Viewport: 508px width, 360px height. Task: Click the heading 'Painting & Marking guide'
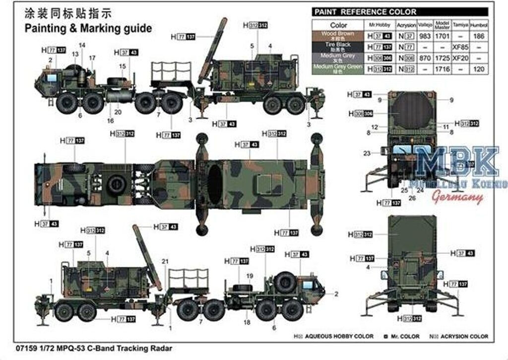coord(88,28)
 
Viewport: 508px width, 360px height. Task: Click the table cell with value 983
coord(425,36)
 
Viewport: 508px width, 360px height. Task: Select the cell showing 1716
coord(442,69)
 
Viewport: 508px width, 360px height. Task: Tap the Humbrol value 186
coord(479,36)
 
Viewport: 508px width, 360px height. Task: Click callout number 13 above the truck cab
coord(75,54)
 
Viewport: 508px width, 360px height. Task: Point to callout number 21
coord(165,261)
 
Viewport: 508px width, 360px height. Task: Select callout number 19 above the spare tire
coord(250,276)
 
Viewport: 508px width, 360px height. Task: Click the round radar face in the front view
coord(410,113)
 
